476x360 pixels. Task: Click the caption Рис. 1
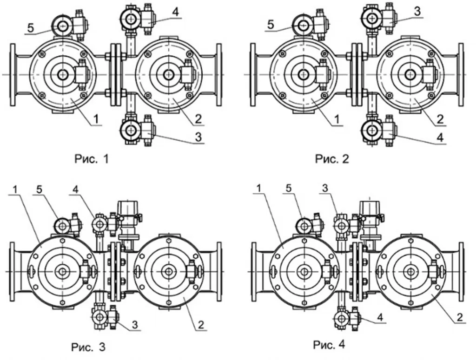(92, 159)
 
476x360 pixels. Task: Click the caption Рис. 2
(332, 159)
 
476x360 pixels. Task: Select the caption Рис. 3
(88, 347)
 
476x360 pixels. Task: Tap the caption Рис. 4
(329, 345)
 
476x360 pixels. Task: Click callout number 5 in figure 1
(31, 28)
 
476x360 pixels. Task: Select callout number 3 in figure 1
(198, 137)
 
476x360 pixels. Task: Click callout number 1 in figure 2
(337, 120)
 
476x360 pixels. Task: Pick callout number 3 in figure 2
(417, 12)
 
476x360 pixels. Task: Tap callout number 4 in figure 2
(440, 137)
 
